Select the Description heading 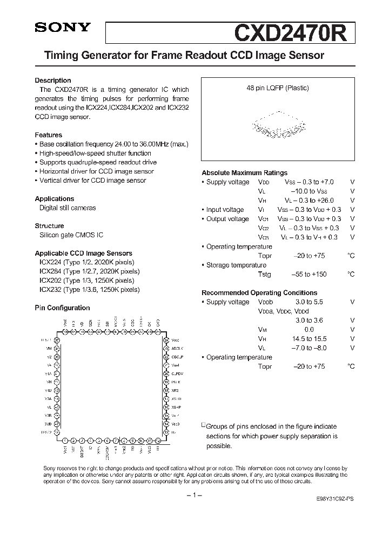tap(53, 81)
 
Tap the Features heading tap(48, 135)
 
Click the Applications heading tap(54, 198)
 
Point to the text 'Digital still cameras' tap(68, 208)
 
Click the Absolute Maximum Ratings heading tap(244, 173)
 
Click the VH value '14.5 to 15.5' tap(311, 338)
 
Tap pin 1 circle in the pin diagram tap(65, 441)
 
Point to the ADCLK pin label tap(178, 348)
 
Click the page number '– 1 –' tap(194, 496)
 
